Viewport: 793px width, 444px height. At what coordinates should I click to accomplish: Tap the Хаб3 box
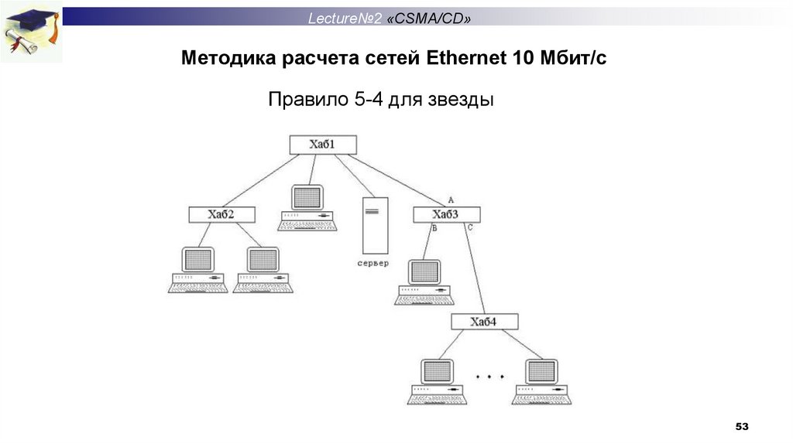click(447, 214)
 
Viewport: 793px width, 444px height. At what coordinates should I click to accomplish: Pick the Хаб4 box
click(484, 322)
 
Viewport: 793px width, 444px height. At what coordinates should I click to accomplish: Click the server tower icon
click(376, 225)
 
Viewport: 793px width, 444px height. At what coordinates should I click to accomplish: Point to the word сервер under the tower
click(373, 263)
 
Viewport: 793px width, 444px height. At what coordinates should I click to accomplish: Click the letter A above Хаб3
click(451, 200)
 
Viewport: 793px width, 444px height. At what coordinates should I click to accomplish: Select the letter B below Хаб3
click(434, 229)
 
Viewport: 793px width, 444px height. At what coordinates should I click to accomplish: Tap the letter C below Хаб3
click(470, 229)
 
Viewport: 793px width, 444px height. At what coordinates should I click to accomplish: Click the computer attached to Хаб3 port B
click(424, 282)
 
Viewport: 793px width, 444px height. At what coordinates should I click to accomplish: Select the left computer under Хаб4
click(436, 381)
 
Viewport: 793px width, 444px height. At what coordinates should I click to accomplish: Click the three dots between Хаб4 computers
click(489, 377)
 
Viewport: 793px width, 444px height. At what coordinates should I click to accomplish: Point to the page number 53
click(743, 426)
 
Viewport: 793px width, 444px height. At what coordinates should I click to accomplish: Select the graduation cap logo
click(31, 31)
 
